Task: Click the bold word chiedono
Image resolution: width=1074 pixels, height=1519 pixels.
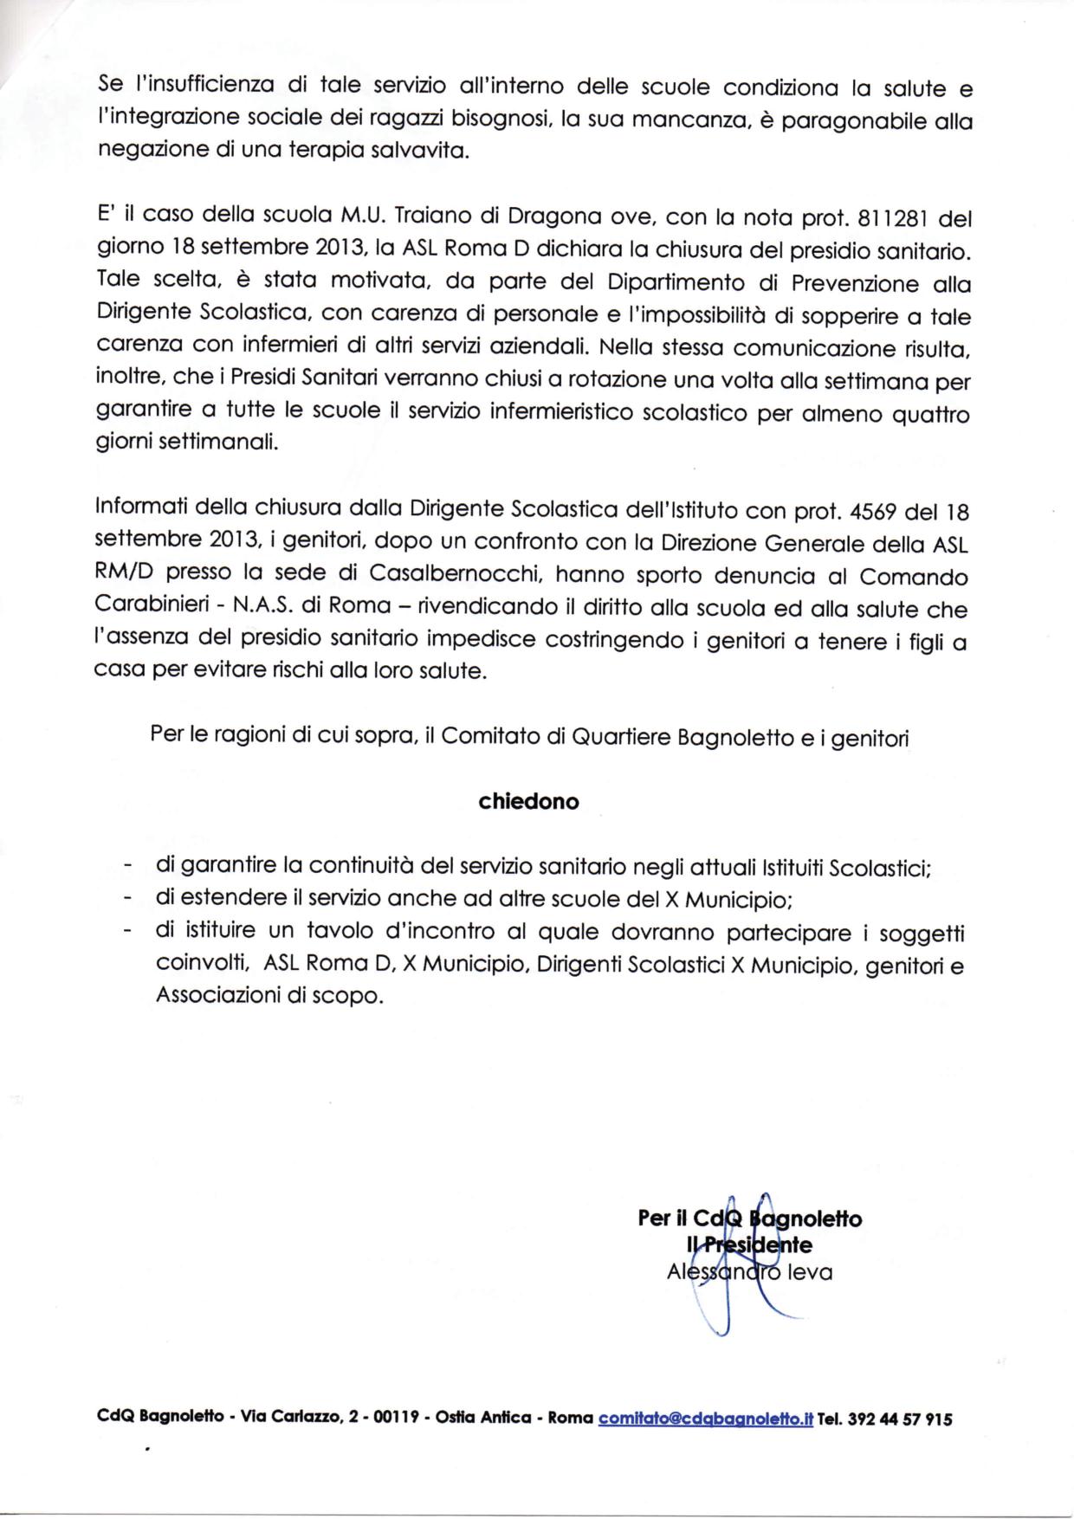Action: [x=528, y=802]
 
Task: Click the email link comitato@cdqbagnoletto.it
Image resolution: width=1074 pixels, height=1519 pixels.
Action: [x=705, y=1419]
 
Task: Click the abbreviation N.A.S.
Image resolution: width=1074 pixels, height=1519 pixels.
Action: [x=279, y=608]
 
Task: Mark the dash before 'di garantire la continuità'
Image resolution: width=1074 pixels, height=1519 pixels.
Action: [x=128, y=867]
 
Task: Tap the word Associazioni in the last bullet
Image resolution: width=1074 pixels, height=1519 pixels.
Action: [x=220, y=996]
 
